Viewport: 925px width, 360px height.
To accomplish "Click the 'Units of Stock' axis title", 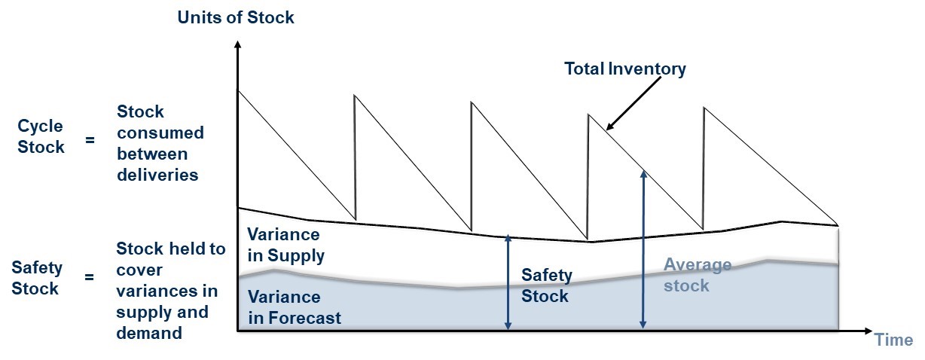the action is coord(235,17).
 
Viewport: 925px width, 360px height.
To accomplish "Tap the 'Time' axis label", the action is coord(893,340).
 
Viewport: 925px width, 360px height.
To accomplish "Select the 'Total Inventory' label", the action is coord(624,69).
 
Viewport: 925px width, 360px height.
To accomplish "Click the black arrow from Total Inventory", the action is coord(633,104).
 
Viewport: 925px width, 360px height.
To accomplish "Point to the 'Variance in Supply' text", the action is coord(285,245).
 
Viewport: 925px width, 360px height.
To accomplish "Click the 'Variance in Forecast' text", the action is coord(295,307).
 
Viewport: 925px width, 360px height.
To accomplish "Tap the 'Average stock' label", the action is coord(698,275).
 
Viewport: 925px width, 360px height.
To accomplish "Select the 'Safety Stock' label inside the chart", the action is coord(547,285).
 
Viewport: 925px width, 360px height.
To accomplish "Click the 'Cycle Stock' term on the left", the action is coord(41,136).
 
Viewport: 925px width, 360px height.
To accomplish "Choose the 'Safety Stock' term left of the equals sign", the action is coord(37,278).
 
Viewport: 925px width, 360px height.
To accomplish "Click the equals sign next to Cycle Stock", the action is coord(90,140).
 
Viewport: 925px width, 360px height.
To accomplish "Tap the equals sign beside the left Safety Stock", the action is coord(89,276).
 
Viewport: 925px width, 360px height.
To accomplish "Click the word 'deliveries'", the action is coord(157,175).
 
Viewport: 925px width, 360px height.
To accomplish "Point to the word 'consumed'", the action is coord(160,133).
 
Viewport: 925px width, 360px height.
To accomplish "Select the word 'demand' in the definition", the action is coord(149,333).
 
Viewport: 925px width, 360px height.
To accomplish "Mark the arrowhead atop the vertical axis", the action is coord(237,44).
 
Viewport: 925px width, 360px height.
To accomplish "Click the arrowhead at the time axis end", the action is coord(868,331).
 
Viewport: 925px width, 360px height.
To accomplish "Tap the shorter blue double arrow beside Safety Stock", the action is coord(508,282).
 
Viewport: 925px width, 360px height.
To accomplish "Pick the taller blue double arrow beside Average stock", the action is coord(643,250).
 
